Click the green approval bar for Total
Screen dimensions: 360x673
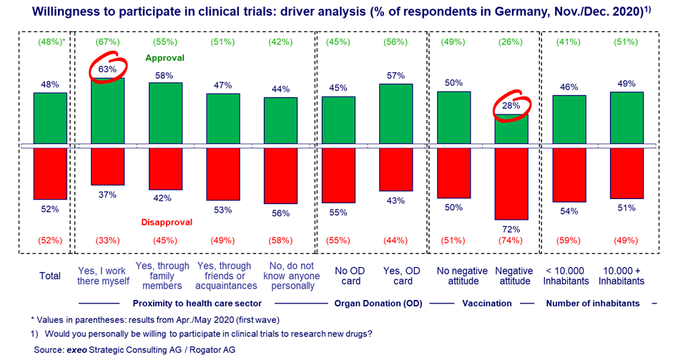point(50,119)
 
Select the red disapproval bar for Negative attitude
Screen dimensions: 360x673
point(511,183)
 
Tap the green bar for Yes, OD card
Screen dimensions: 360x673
point(396,115)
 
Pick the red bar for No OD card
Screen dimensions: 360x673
point(338,175)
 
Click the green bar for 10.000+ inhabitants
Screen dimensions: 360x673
point(627,118)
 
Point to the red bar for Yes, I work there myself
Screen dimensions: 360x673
point(107,166)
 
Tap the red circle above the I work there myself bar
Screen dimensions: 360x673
point(107,69)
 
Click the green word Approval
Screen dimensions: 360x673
point(165,59)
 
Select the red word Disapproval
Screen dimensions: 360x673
point(166,222)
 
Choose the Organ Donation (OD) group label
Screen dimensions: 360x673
point(378,303)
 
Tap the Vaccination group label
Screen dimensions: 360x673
point(487,303)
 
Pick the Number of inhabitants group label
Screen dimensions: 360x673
point(593,303)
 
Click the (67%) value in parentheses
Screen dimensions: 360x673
point(107,42)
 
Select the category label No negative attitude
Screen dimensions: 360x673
point(454,276)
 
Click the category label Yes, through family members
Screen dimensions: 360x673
point(165,276)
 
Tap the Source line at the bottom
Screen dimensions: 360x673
point(134,350)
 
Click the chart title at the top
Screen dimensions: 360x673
point(336,11)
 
